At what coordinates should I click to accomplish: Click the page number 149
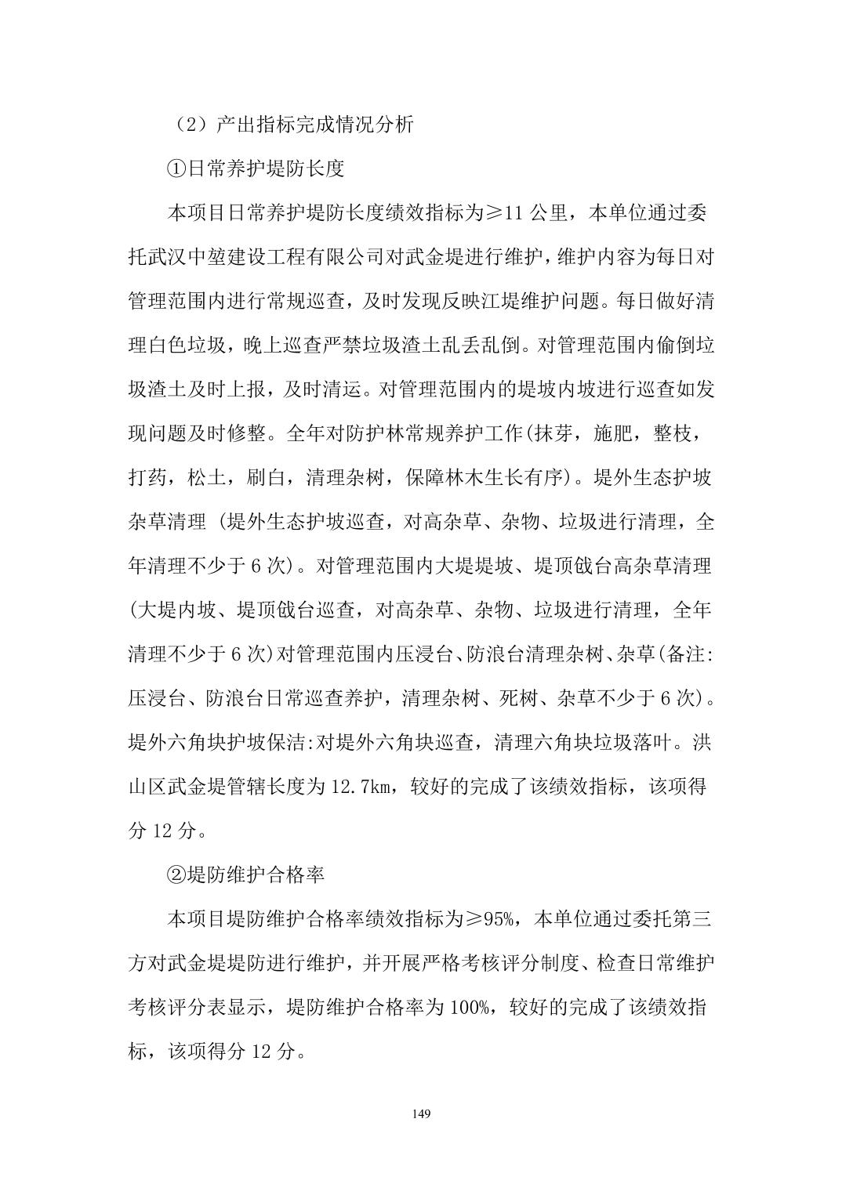pos(421,1113)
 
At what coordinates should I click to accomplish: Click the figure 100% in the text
pos(472,1007)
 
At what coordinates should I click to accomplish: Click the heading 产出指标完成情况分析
pos(314,125)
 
